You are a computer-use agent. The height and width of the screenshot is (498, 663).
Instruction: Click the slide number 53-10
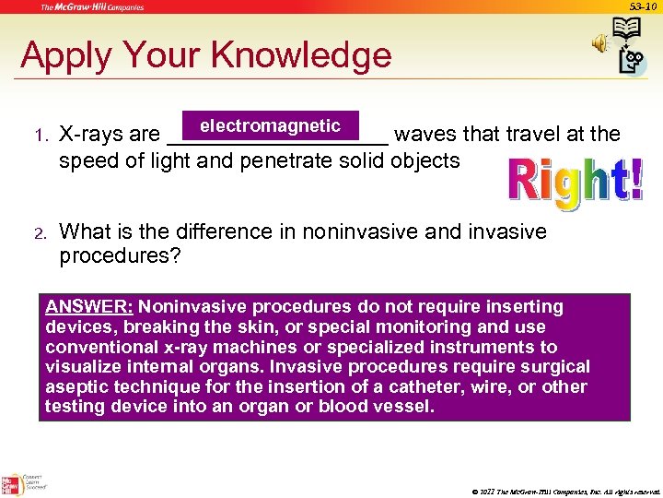(642, 6)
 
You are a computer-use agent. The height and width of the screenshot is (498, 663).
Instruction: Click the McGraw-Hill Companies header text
(91, 7)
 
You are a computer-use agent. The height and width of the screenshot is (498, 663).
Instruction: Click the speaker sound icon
(599, 43)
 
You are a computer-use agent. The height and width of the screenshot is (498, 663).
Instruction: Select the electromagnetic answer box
(271, 126)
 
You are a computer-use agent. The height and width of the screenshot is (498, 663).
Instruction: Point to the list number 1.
(40, 136)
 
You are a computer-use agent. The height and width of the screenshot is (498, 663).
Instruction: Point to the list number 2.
(40, 232)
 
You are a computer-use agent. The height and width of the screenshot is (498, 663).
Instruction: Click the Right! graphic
(576, 183)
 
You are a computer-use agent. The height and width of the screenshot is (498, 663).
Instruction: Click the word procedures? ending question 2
(120, 255)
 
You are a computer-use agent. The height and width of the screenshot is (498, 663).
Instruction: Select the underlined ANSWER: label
(89, 306)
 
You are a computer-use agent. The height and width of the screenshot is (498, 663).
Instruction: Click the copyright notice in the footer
(565, 491)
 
